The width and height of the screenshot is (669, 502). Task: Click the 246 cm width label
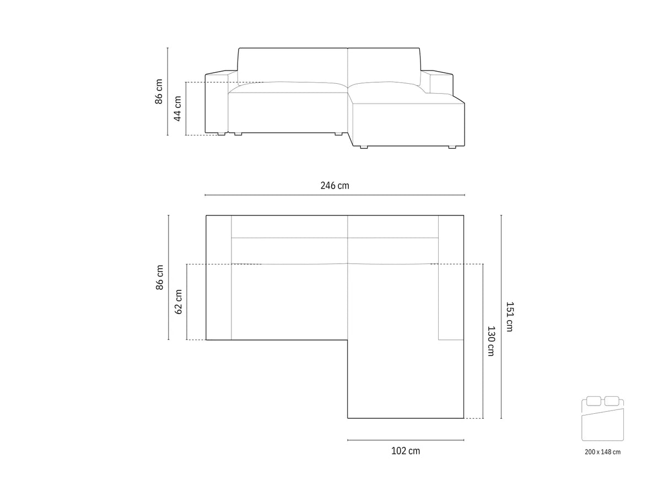coord(334,186)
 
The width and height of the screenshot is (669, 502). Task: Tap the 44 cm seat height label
coord(177,109)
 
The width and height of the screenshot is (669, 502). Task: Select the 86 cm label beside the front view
coord(159,91)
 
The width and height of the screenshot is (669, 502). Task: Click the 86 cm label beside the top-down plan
coord(159,277)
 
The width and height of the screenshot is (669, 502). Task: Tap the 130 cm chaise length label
coord(490,341)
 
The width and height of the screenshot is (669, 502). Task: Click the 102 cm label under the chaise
coord(405,451)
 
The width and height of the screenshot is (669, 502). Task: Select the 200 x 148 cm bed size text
coord(602,452)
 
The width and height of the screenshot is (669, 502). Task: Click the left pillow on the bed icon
coord(594,401)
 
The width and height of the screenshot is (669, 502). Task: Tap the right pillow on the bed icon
coord(611,401)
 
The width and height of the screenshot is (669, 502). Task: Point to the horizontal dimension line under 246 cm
coord(334,195)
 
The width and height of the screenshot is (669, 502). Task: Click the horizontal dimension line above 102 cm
coord(405,440)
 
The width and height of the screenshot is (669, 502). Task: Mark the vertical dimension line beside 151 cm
coord(501,316)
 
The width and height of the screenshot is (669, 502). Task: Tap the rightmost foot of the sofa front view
coord(452,147)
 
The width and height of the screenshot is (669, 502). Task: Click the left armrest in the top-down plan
coord(219,277)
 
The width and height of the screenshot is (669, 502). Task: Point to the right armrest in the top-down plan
coord(451,277)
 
